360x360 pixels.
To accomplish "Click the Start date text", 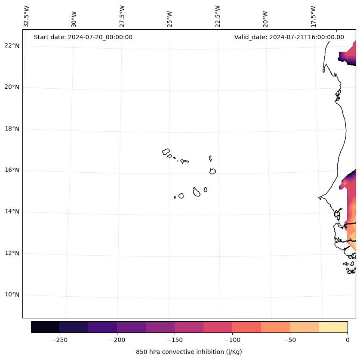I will (x=83, y=37).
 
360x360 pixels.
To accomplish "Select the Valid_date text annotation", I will (x=289, y=37).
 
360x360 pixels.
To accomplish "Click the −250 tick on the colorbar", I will (x=59, y=340).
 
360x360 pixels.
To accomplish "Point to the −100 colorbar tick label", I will (x=232, y=340).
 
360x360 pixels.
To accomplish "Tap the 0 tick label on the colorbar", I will (x=348, y=340).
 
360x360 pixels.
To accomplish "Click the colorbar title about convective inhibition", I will (x=189, y=352).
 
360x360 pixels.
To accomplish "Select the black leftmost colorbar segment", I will (x=45, y=327).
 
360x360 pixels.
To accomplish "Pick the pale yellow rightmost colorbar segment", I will (x=333, y=327).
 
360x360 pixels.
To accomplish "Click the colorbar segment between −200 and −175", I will (x=131, y=327).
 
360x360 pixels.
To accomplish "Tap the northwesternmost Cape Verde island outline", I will (x=166, y=152).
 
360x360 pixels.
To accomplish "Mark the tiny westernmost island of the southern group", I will (x=175, y=197).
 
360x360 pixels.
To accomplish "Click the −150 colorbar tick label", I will (x=175, y=340).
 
